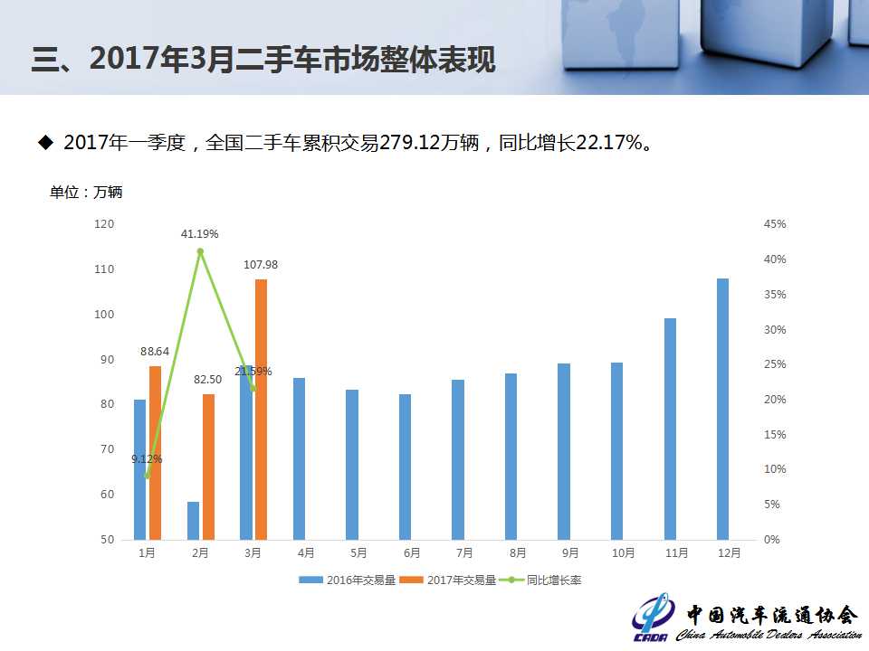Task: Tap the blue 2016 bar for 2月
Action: tap(193, 521)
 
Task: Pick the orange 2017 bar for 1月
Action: tap(155, 452)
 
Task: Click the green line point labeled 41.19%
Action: tap(200, 251)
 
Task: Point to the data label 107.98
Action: tap(261, 265)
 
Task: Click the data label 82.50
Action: tap(208, 380)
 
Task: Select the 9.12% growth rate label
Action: tap(147, 459)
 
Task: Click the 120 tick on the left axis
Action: tap(105, 223)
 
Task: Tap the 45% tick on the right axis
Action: tap(775, 223)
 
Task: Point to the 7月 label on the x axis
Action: tap(464, 552)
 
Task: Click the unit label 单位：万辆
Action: tap(86, 192)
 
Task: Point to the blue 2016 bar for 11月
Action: tap(670, 429)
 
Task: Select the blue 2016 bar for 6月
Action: tap(405, 467)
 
